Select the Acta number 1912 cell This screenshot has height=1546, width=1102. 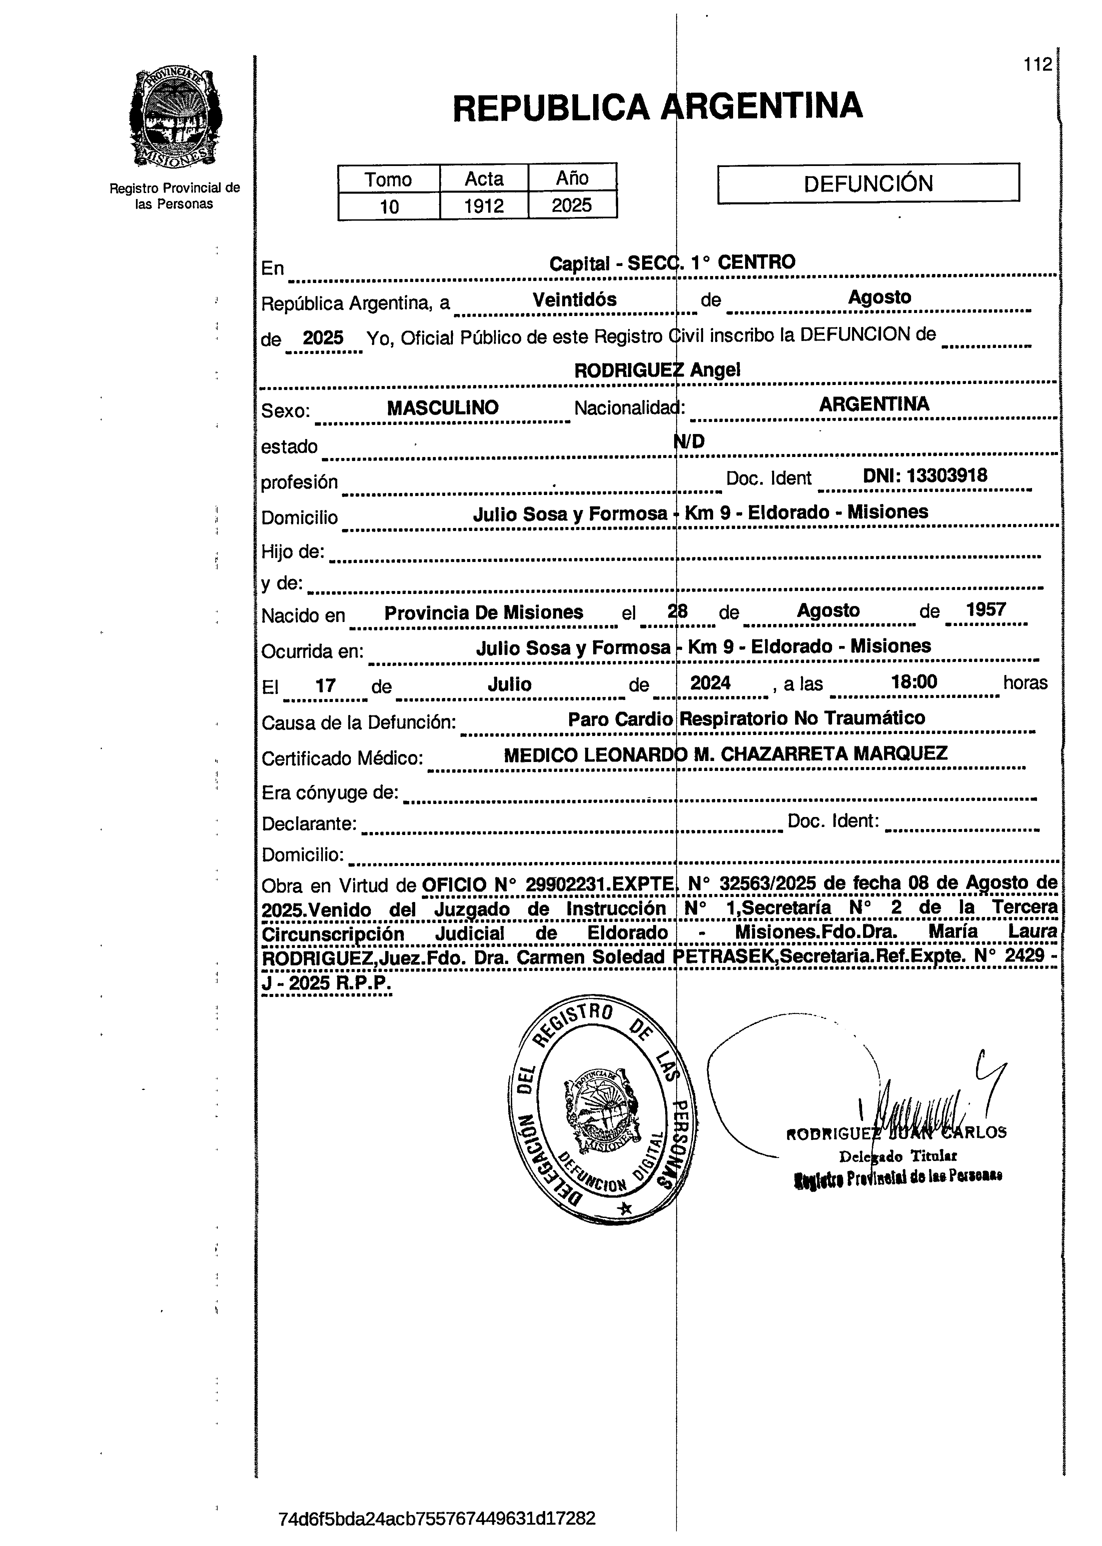[x=484, y=206]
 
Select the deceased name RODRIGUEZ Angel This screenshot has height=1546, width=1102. [x=657, y=370]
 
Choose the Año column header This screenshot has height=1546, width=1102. [x=572, y=178]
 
